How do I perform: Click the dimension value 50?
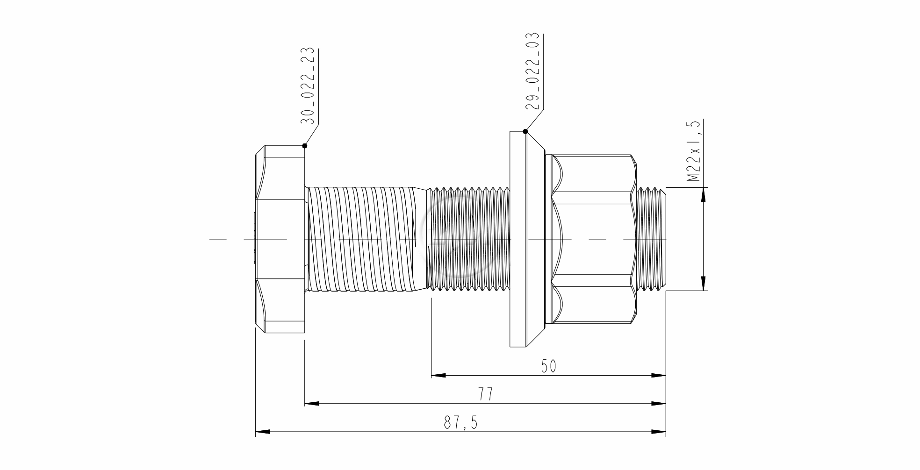[x=549, y=366]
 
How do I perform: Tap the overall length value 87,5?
[x=461, y=423]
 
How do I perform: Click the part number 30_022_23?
[x=307, y=86]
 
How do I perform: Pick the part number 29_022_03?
[x=532, y=71]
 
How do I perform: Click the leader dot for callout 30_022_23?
[x=305, y=146]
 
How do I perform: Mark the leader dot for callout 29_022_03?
[x=526, y=131]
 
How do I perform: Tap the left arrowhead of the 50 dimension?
[x=438, y=375]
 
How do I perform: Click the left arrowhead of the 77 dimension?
[x=312, y=403]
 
